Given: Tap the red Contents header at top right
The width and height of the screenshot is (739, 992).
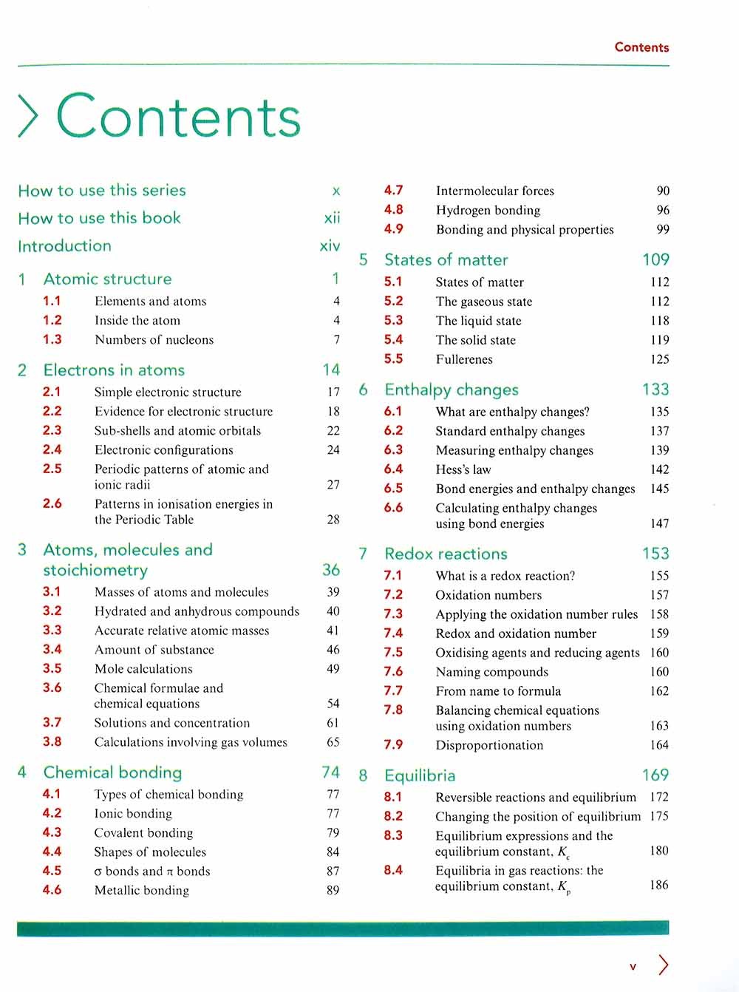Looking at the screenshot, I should point(641,47).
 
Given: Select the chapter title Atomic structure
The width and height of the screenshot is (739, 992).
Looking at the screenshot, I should point(107,279).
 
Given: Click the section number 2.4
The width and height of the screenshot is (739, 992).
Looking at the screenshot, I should point(52,449).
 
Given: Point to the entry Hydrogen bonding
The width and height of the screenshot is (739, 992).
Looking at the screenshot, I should point(488,210).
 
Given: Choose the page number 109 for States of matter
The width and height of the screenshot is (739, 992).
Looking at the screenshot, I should point(655,259).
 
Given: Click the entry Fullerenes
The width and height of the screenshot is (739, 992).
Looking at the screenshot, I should point(464,359).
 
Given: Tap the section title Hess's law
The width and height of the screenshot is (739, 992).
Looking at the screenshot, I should point(463,469).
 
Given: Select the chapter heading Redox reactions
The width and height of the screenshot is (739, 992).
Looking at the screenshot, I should point(446,554).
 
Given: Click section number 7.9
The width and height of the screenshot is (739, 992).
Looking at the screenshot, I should point(393,745).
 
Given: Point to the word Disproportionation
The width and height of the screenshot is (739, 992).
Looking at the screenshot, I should point(489,745).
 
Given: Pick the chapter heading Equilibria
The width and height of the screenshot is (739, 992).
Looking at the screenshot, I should point(420,775).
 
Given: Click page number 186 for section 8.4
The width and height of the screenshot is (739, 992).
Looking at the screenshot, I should point(658,885).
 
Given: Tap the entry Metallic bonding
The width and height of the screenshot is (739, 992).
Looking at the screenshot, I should point(142,891).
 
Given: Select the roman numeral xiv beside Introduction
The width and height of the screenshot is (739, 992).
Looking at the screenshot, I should point(330,246).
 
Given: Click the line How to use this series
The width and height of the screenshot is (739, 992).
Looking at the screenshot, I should point(102,190).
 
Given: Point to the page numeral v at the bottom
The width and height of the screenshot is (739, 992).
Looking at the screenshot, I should point(633,966).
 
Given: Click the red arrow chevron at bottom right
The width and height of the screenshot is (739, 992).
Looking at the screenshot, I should point(663,965).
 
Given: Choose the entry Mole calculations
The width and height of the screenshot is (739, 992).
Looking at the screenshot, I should point(143,669).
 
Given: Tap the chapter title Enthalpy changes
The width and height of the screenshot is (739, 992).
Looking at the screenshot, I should point(452,390).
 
